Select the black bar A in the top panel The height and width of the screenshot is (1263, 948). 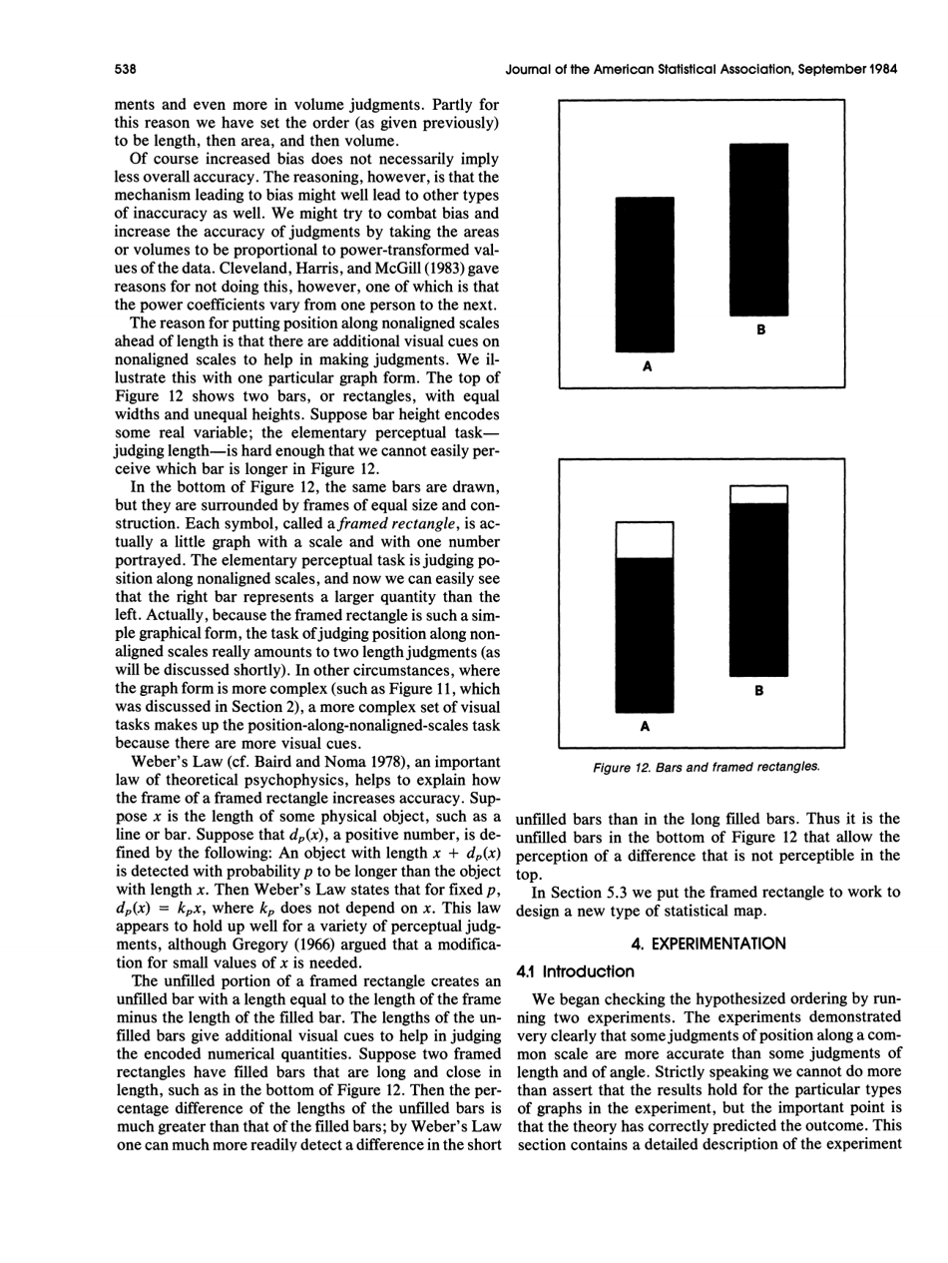point(645,275)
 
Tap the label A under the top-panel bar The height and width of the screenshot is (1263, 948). point(646,366)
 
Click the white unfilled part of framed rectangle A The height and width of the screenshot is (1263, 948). point(645,540)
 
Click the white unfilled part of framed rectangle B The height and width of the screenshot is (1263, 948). point(759,494)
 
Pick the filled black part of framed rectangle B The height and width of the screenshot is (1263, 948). point(759,589)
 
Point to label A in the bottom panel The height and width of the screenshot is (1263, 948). point(646,728)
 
